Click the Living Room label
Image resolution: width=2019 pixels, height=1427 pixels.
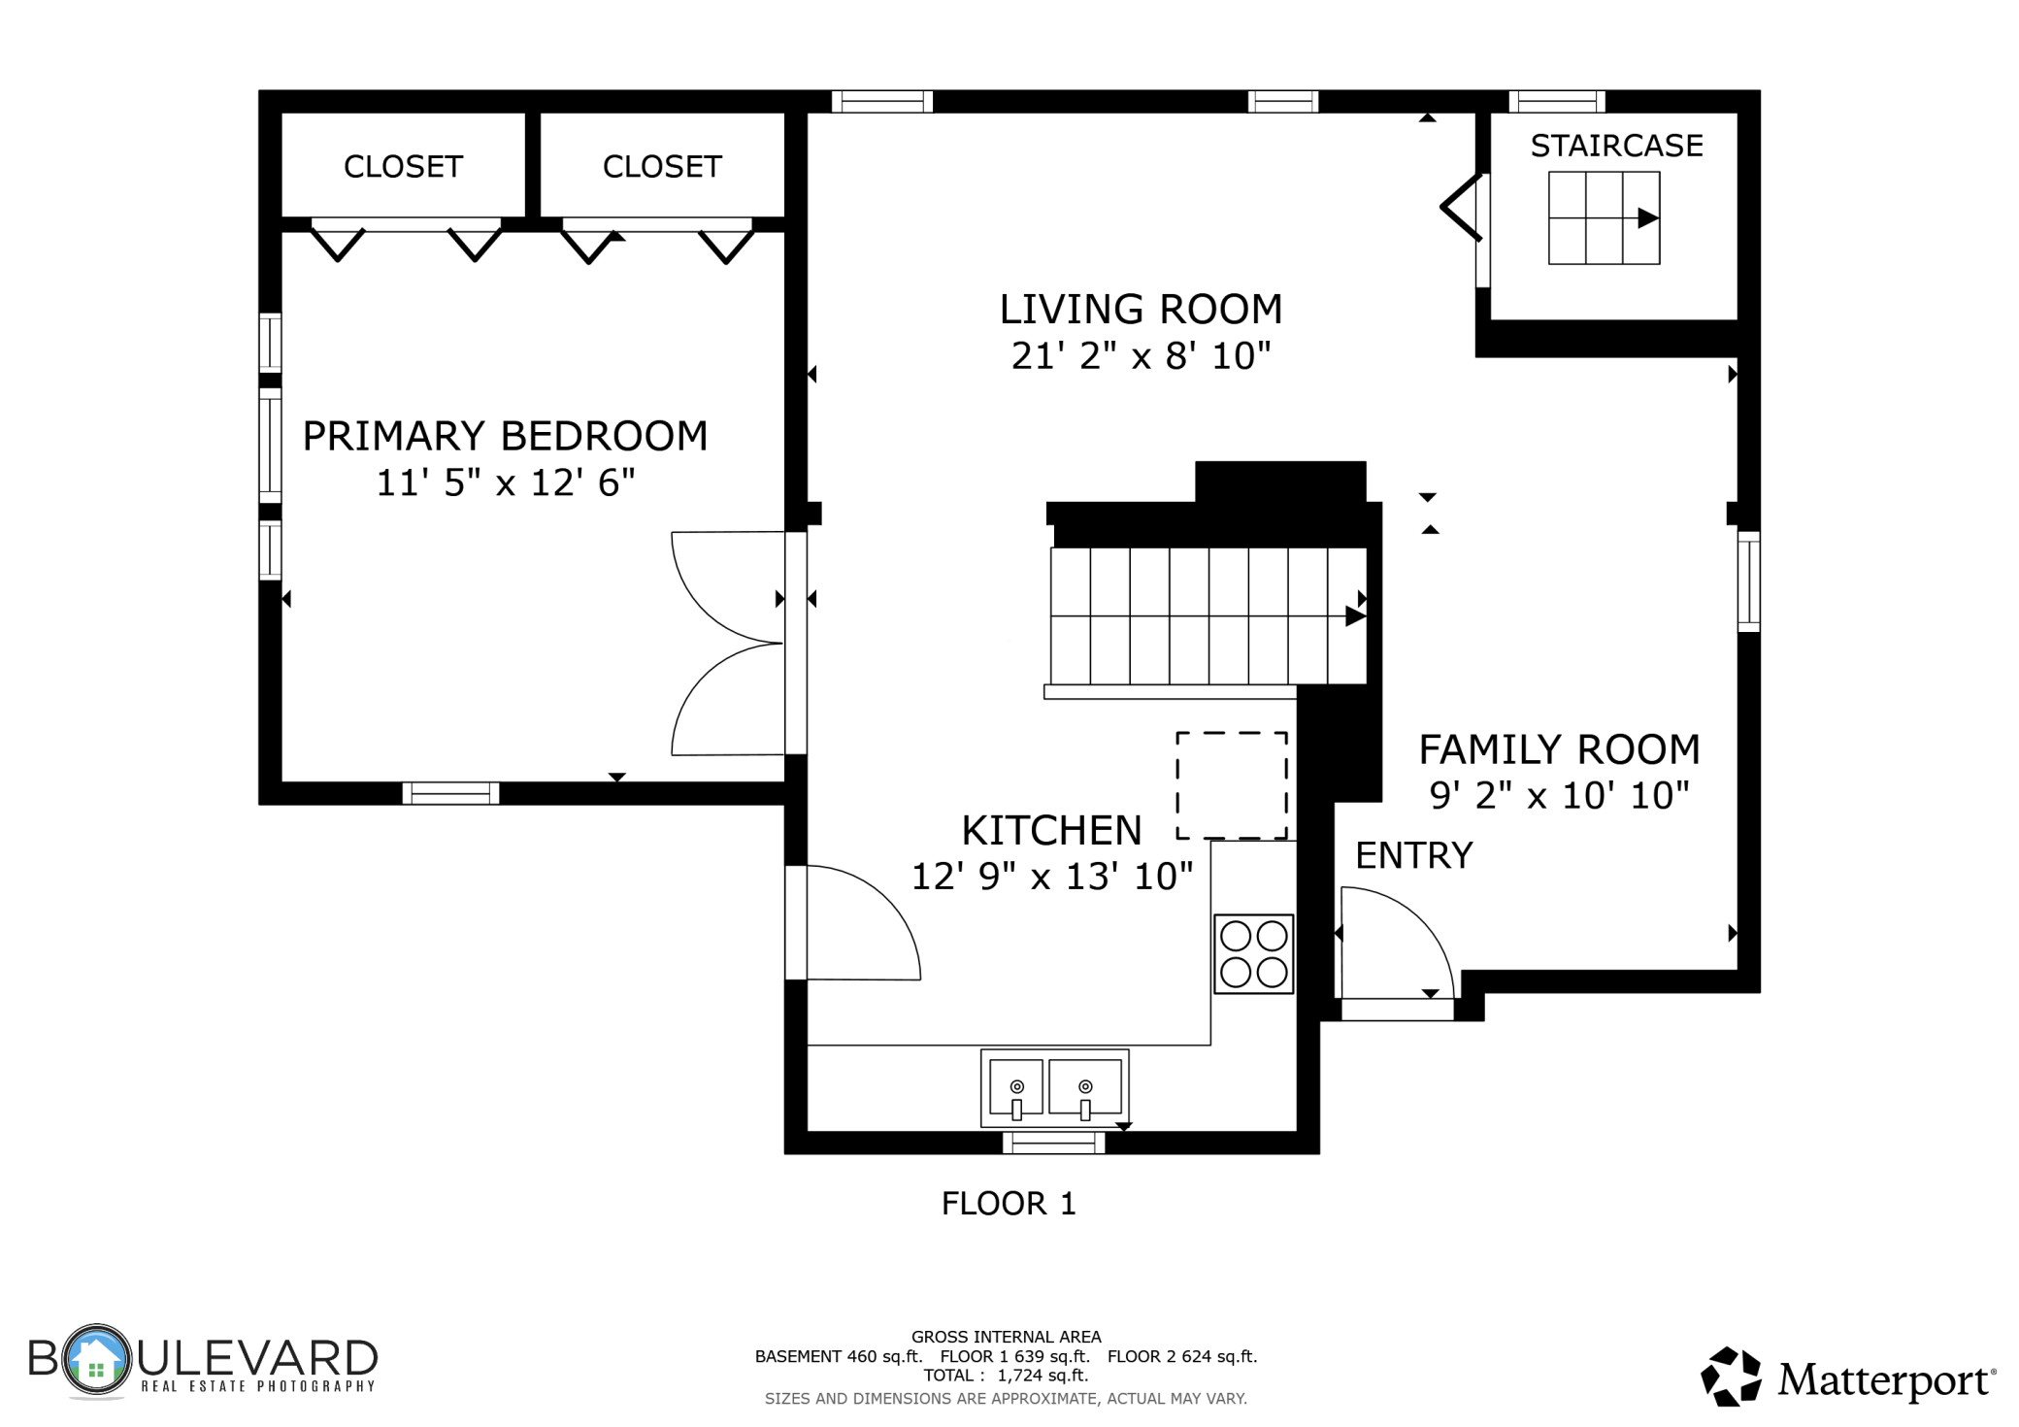pyautogui.click(x=1141, y=309)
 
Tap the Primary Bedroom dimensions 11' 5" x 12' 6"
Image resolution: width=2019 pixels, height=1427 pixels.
pyautogui.click(x=505, y=482)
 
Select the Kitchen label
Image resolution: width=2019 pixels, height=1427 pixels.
pyautogui.click(x=1051, y=830)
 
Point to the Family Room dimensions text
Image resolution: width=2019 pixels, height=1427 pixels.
pyautogui.click(x=1559, y=796)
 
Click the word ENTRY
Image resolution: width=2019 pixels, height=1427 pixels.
pyautogui.click(x=1413, y=855)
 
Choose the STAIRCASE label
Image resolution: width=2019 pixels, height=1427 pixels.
pyautogui.click(x=1616, y=146)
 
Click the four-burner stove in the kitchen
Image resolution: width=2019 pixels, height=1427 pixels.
pyautogui.click(x=1253, y=953)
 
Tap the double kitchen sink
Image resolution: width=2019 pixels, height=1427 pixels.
pyautogui.click(x=1054, y=1087)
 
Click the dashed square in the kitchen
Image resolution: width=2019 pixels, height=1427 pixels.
pyautogui.click(x=1232, y=785)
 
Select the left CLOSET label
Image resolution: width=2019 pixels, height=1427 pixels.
pyautogui.click(x=403, y=167)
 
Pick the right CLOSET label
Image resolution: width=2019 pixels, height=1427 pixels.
pyautogui.click(x=662, y=167)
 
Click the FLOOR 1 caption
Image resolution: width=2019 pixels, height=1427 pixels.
pyautogui.click(x=1009, y=1204)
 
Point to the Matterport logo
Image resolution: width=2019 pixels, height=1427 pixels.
pyautogui.click(x=1848, y=1377)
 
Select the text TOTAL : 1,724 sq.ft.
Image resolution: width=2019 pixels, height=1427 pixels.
pyautogui.click(x=1006, y=1376)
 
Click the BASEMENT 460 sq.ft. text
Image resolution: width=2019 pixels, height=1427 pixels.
pyautogui.click(x=839, y=1356)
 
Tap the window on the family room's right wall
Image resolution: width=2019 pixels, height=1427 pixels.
pyautogui.click(x=1748, y=581)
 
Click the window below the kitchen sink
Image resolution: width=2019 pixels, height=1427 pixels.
pyautogui.click(x=1054, y=1143)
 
